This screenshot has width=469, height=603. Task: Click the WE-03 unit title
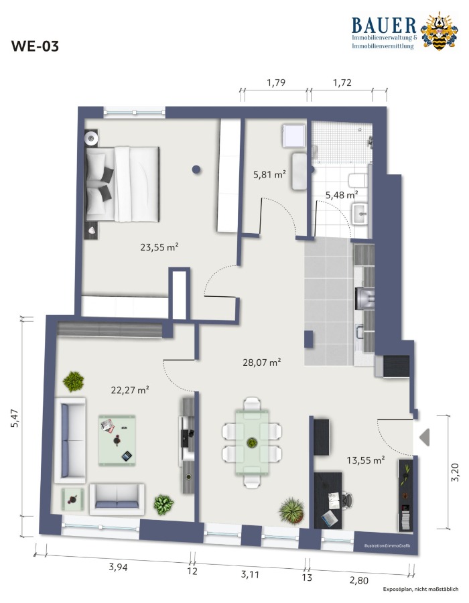35,46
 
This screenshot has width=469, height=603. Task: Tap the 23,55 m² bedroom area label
159,247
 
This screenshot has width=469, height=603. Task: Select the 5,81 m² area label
269,175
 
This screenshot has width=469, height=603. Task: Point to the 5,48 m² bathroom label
342,194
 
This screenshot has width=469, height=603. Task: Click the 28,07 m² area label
262,362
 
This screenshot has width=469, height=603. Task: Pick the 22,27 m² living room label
130,390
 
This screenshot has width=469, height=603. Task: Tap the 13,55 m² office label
366,460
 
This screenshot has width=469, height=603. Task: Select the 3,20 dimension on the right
455,472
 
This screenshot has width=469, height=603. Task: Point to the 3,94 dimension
118,566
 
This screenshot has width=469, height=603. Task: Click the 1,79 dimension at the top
276,82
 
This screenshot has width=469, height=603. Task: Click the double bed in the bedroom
123,184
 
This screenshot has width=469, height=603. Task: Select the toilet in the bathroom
358,180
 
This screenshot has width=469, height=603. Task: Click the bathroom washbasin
359,214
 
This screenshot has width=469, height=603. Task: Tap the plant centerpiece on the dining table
252,442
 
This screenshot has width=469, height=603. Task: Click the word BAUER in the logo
384,25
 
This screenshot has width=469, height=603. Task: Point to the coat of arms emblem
439,31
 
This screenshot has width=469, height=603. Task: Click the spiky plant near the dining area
291,511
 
